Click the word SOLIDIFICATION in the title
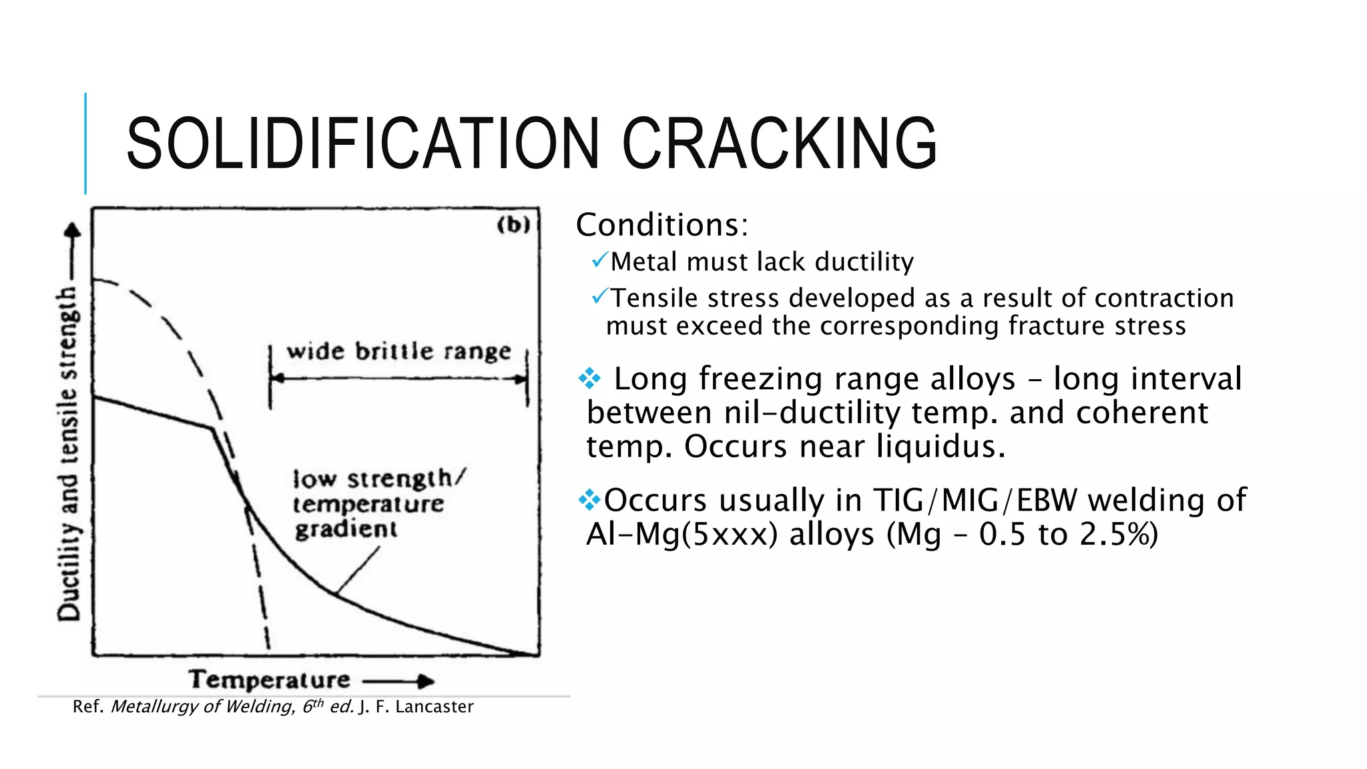(364, 144)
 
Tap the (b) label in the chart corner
(513, 225)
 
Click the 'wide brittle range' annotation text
(398, 352)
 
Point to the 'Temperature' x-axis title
(270, 680)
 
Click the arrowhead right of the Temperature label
(425, 682)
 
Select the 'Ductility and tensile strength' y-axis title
(69, 454)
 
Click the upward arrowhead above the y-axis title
(72, 231)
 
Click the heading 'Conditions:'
(662, 225)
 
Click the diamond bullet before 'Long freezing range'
(589, 379)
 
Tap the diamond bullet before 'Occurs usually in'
(589, 499)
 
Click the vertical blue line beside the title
(85, 144)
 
